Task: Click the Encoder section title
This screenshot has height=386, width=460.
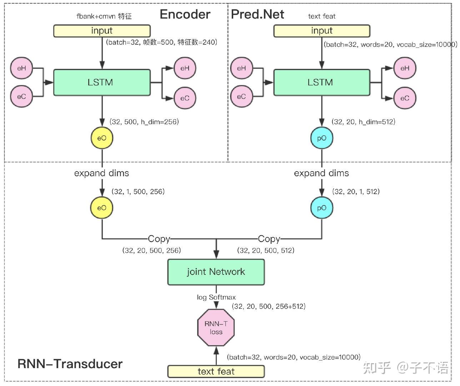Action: click(185, 14)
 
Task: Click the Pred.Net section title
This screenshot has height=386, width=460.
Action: click(257, 14)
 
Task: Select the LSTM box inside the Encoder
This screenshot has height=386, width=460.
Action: click(102, 83)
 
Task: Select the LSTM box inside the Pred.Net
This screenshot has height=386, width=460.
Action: click(321, 83)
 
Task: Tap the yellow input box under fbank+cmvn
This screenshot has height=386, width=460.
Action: click(102, 31)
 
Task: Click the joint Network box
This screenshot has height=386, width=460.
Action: click(216, 272)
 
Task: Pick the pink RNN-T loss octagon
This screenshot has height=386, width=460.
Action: click(216, 328)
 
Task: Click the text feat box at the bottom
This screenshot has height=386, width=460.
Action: click(216, 371)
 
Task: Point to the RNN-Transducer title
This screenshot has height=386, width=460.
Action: click(70, 364)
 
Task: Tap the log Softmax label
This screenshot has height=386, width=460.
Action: click(216, 297)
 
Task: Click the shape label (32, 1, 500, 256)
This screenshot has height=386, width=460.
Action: click(138, 192)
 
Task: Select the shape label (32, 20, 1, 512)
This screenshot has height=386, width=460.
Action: click(356, 192)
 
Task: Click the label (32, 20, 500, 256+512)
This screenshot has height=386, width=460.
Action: click(269, 306)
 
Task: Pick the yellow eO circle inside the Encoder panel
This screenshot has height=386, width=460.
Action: click(102, 138)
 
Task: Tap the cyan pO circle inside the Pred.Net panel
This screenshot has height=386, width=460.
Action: click(322, 138)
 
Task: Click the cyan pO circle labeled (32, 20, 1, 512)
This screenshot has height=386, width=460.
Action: click(322, 208)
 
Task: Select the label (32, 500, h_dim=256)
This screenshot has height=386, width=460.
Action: click(144, 122)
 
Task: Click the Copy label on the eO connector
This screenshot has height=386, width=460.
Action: click(159, 238)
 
